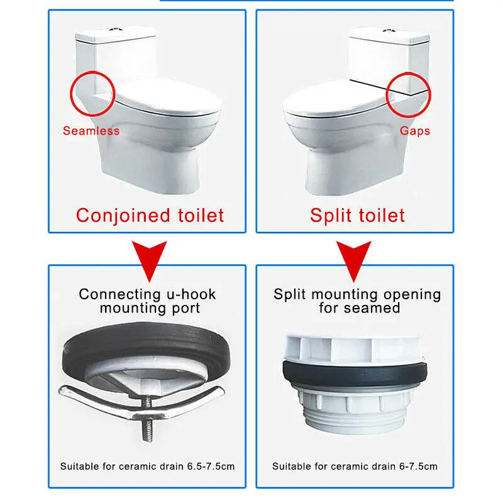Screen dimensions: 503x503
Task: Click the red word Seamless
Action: click(91, 131)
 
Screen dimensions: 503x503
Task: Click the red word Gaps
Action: click(414, 131)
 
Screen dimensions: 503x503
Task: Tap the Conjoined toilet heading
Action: click(150, 216)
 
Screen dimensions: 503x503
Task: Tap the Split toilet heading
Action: click(357, 216)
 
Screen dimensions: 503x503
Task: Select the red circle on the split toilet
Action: click(408, 95)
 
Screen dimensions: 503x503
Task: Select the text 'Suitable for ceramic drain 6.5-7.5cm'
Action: click(148, 467)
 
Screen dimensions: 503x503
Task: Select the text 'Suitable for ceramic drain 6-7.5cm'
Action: click(355, 467)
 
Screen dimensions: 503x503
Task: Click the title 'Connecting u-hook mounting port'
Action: click(148, 301)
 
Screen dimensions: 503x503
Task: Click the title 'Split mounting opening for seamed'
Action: click(357, 301)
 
